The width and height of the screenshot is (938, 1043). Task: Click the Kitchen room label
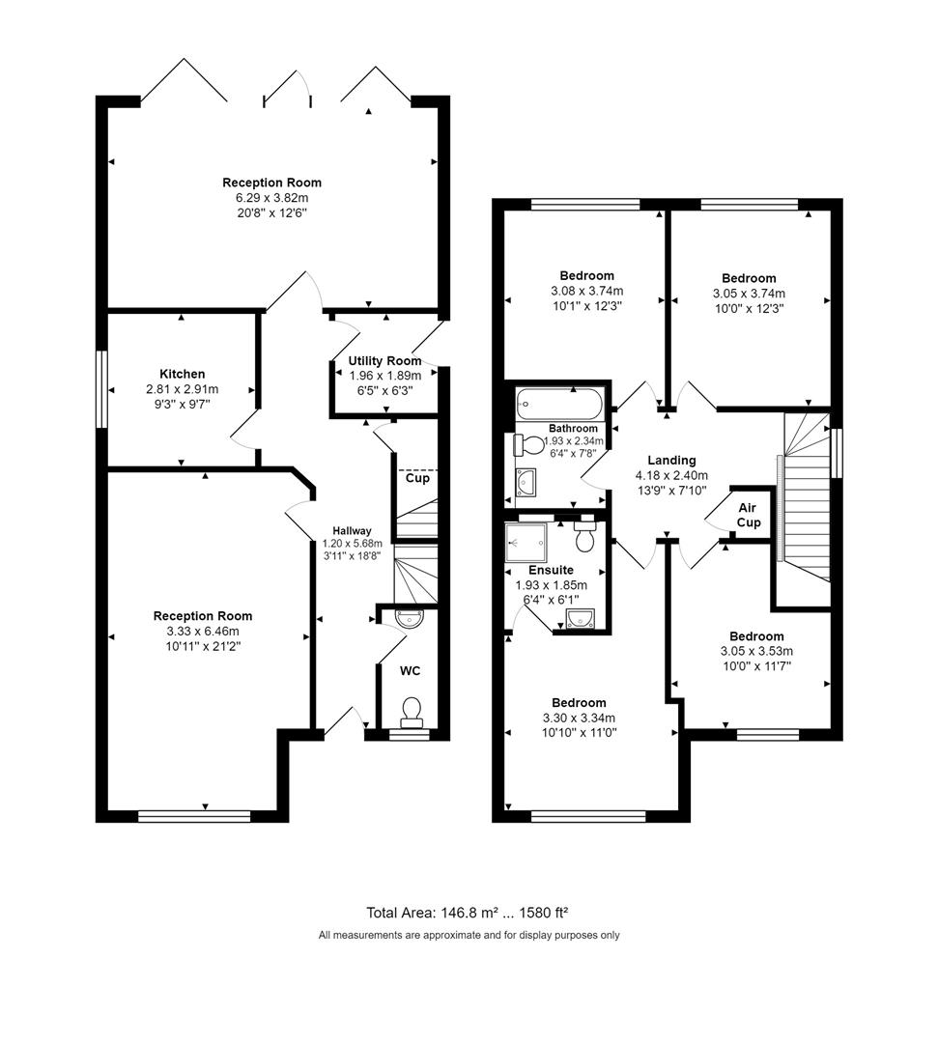[182, 374]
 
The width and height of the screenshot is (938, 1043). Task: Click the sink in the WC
[409, 620]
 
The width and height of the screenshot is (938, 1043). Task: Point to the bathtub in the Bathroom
[558, 401]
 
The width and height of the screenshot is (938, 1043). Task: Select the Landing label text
[671, 461]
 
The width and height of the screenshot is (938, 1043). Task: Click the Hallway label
[352, 530]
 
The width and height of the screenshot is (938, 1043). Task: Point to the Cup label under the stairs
[417, 478]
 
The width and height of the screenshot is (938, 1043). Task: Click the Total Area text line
[472, 912]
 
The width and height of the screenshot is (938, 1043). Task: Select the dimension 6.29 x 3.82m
[271, 197]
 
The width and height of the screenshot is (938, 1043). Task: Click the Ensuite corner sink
[582, 618]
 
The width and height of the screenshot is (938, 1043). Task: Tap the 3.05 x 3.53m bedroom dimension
[756, 651]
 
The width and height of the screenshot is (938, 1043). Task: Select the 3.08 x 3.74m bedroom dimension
[586, 291]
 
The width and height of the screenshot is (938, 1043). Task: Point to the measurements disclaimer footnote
[469, 935]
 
